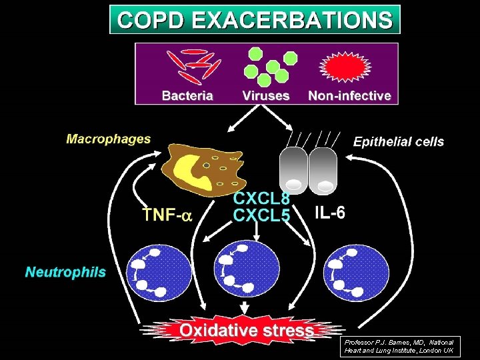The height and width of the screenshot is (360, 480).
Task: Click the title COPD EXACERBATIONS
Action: coord(255,19)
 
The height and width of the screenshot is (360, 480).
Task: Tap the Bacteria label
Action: coord(187,95)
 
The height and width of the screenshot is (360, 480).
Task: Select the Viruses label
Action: coord(266,95)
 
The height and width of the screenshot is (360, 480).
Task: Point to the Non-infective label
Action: coord(349,95)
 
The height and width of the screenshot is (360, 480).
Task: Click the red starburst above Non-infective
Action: coord(349,66)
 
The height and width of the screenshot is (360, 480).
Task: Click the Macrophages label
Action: coord(108,139)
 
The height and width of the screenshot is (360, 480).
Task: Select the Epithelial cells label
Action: coord(398,141)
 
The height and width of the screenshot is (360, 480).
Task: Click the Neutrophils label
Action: coord(65,272)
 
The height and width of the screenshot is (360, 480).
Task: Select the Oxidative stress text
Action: coord(246,330)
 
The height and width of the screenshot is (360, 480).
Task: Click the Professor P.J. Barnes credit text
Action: coord(398,345)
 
